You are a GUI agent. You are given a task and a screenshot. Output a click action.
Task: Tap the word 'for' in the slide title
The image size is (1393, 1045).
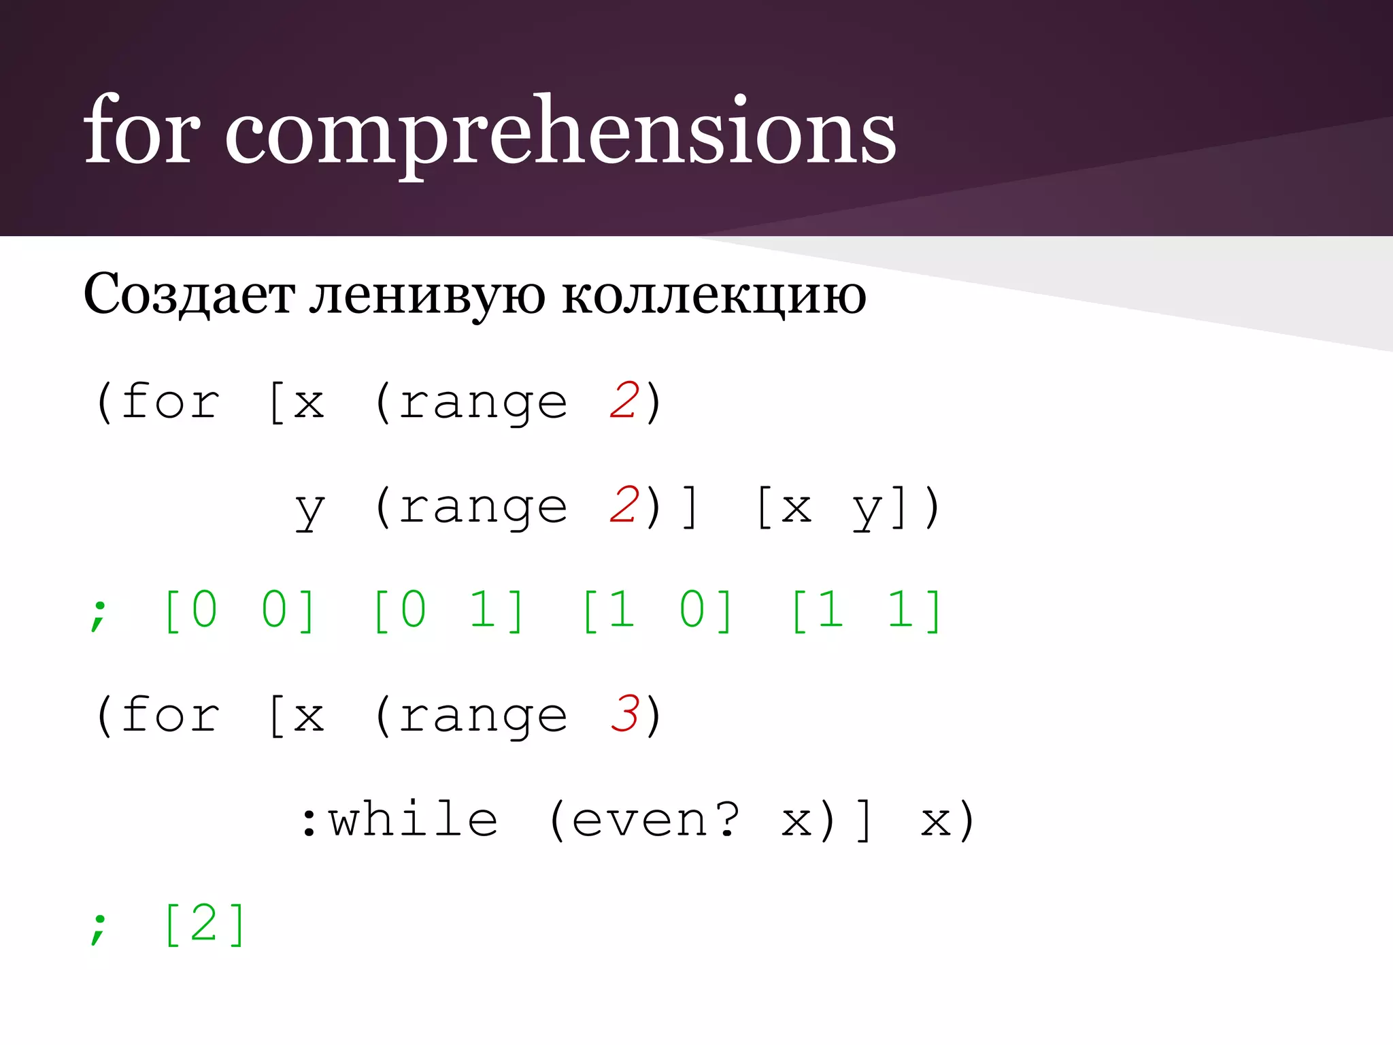pos(141,129)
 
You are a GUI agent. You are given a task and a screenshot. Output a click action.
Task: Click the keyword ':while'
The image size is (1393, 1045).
pos(399,819)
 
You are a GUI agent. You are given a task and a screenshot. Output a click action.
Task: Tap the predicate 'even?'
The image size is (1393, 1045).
pos(655,819)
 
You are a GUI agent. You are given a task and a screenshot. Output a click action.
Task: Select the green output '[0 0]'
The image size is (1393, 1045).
pos(239,610)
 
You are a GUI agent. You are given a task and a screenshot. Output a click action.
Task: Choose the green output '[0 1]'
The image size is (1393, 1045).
pos(448,610)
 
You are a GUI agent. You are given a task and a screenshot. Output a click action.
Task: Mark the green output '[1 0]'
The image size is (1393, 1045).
pos(658,610)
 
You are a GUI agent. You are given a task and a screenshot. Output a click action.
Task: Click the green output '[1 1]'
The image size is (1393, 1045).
pos(867,610)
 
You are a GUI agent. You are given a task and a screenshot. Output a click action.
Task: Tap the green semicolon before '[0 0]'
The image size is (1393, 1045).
pos(99,614)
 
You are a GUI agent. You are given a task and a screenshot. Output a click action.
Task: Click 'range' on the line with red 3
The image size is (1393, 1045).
pos(483,716)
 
